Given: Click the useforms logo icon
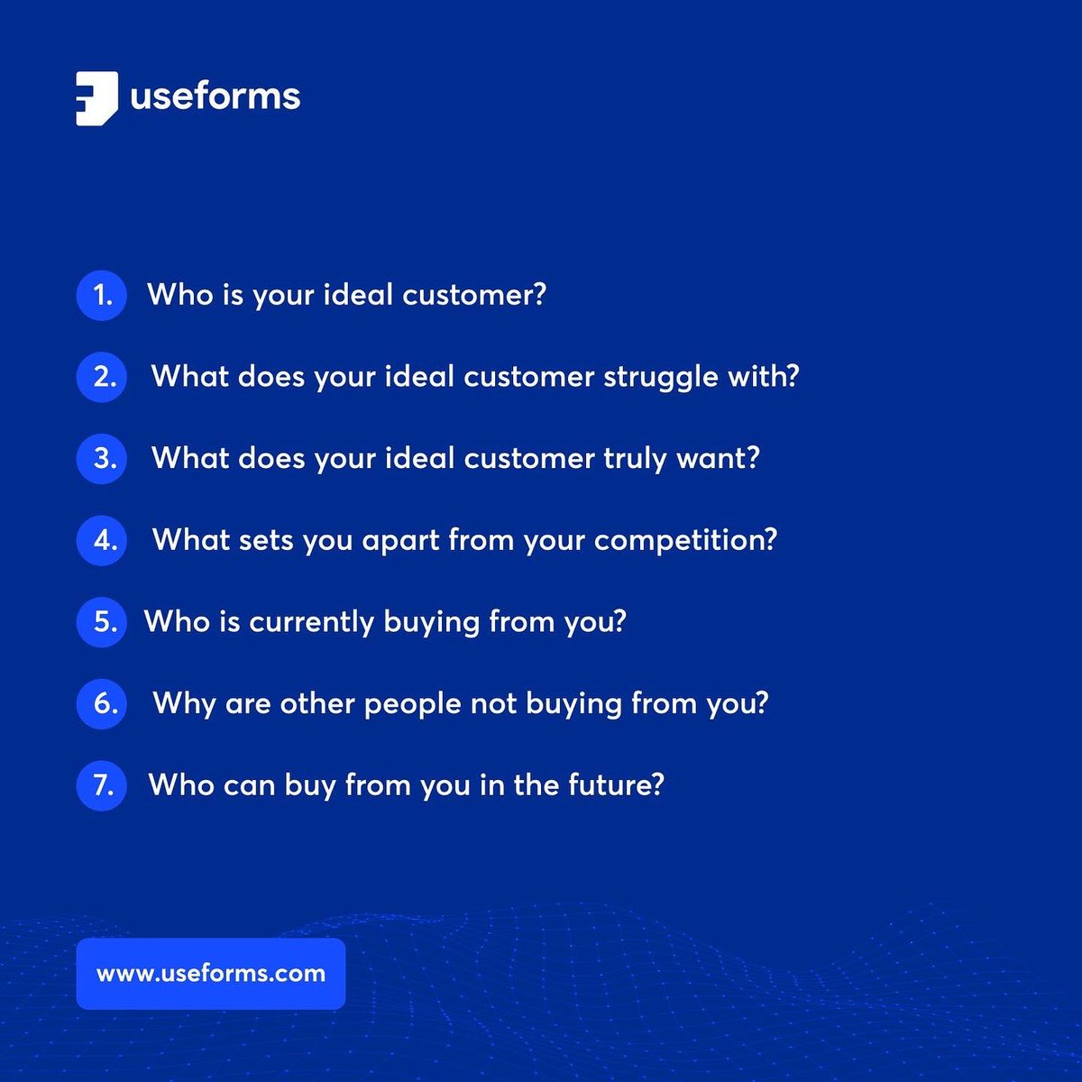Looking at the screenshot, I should coord(96,97).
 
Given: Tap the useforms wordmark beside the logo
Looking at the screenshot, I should coord(215,96).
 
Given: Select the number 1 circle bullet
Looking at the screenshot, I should coord(101,295).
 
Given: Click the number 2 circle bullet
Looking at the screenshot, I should coord(101,376).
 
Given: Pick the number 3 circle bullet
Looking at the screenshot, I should coord(101,458).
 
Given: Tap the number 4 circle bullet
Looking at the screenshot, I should coord(101,540).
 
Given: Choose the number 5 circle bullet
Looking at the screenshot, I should coord(101,621).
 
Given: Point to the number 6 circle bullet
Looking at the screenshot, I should coord(101,703).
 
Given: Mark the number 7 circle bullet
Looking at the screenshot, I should coord(101,784).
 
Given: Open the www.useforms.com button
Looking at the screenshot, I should coord(211,974).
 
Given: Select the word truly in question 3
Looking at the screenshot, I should coord(634,459).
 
